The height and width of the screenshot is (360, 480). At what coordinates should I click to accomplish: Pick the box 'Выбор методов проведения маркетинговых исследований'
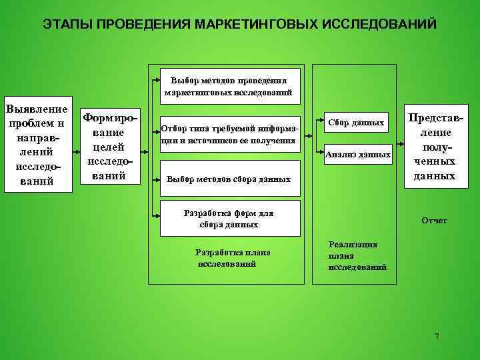229,87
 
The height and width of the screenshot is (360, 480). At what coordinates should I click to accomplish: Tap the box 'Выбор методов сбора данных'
229,179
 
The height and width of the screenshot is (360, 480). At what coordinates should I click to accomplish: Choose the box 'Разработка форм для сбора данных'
229,219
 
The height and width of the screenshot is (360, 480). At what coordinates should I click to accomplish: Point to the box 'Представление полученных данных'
434,146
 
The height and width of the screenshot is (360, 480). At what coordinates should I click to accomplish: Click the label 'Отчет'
434,221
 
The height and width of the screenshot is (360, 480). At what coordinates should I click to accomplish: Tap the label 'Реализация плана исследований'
357,256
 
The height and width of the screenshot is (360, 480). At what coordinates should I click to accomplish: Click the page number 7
437,336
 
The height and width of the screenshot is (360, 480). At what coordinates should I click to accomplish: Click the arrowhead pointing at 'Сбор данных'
322,123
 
